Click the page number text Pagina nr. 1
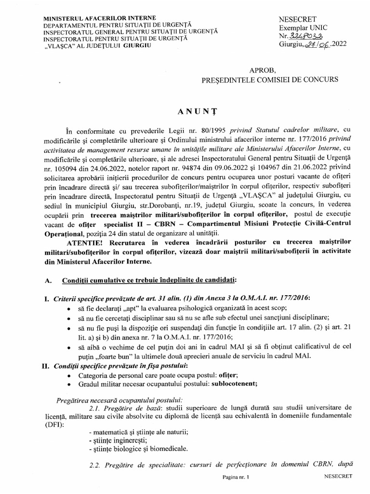coord(237,477)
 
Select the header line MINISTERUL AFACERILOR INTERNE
coord(90,18)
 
